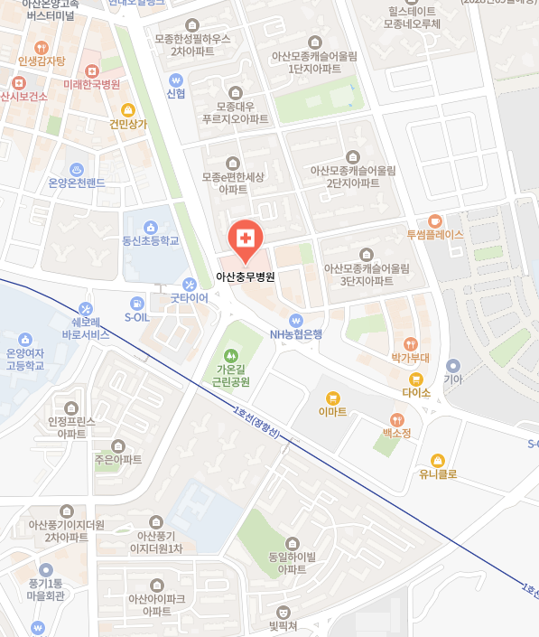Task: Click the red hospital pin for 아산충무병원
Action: tap(244, 239)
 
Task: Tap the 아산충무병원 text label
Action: tap(246, 278)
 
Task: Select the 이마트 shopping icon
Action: tap(332, 398)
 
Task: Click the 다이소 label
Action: tap(416, 393)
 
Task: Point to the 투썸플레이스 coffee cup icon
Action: tap(434, 220)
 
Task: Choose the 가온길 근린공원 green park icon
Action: tap(232, 355)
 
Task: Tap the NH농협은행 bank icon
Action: tap(295, 321)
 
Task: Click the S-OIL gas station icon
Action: tap(136, 304)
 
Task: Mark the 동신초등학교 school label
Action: tap(151, 240)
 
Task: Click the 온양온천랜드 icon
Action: tap(77, 169)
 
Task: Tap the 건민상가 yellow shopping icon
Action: tap(127, 110)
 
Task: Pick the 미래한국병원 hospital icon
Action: tap(91, 70)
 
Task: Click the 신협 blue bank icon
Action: tap(176, 79)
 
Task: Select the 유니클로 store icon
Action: tap(438, 461)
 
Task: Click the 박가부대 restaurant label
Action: tap(410, 358)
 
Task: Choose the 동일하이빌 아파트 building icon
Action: tap(293, 544)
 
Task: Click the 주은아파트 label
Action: tap(117, 459)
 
